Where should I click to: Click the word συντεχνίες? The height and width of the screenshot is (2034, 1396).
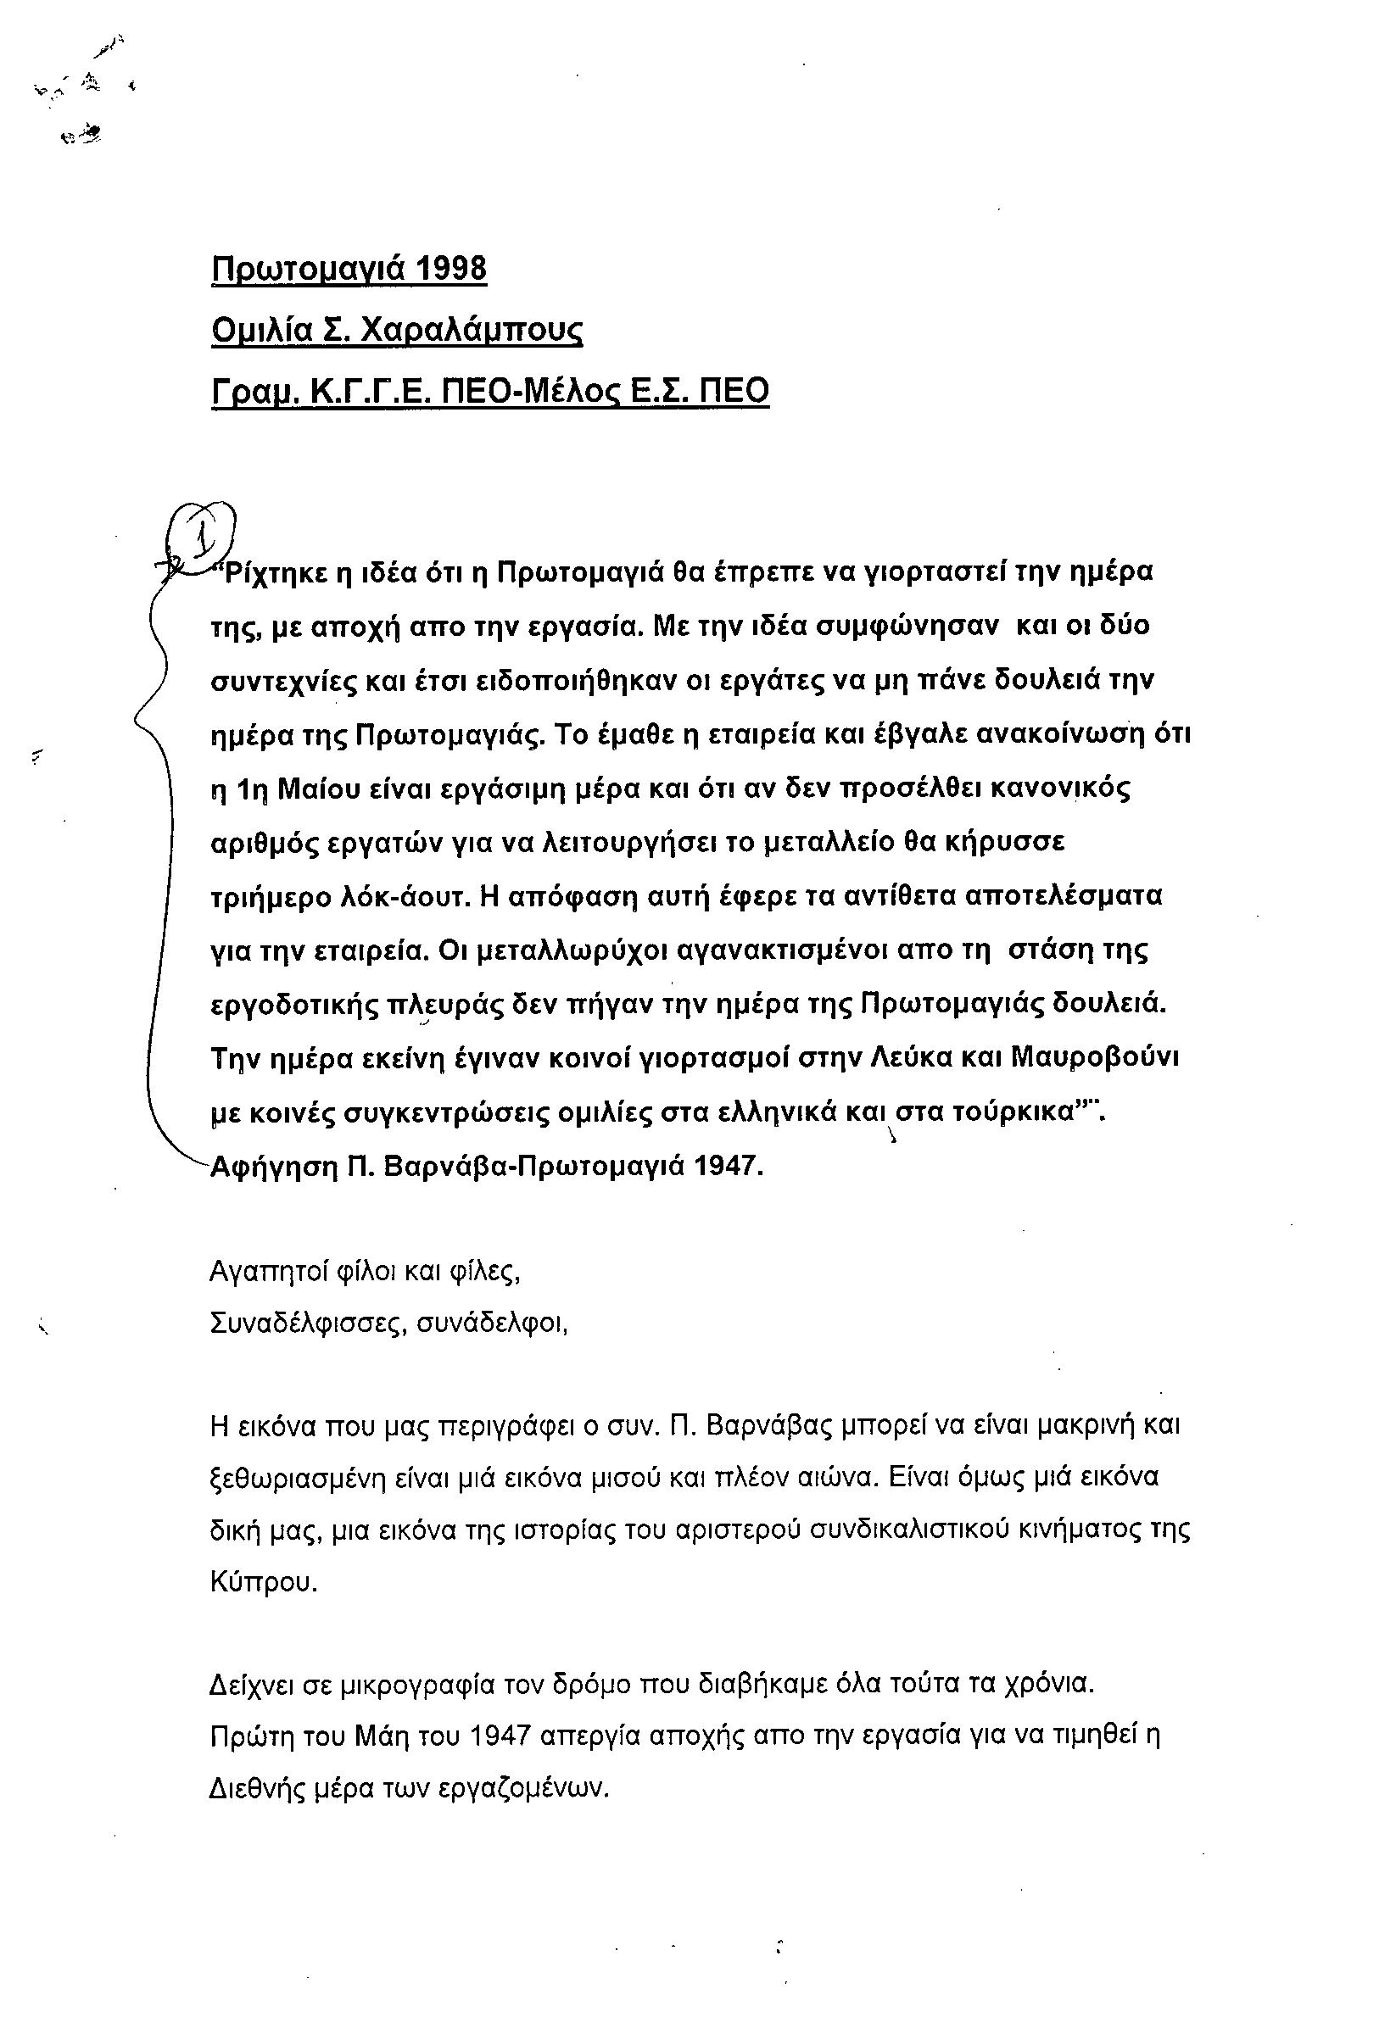pos(282,682)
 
